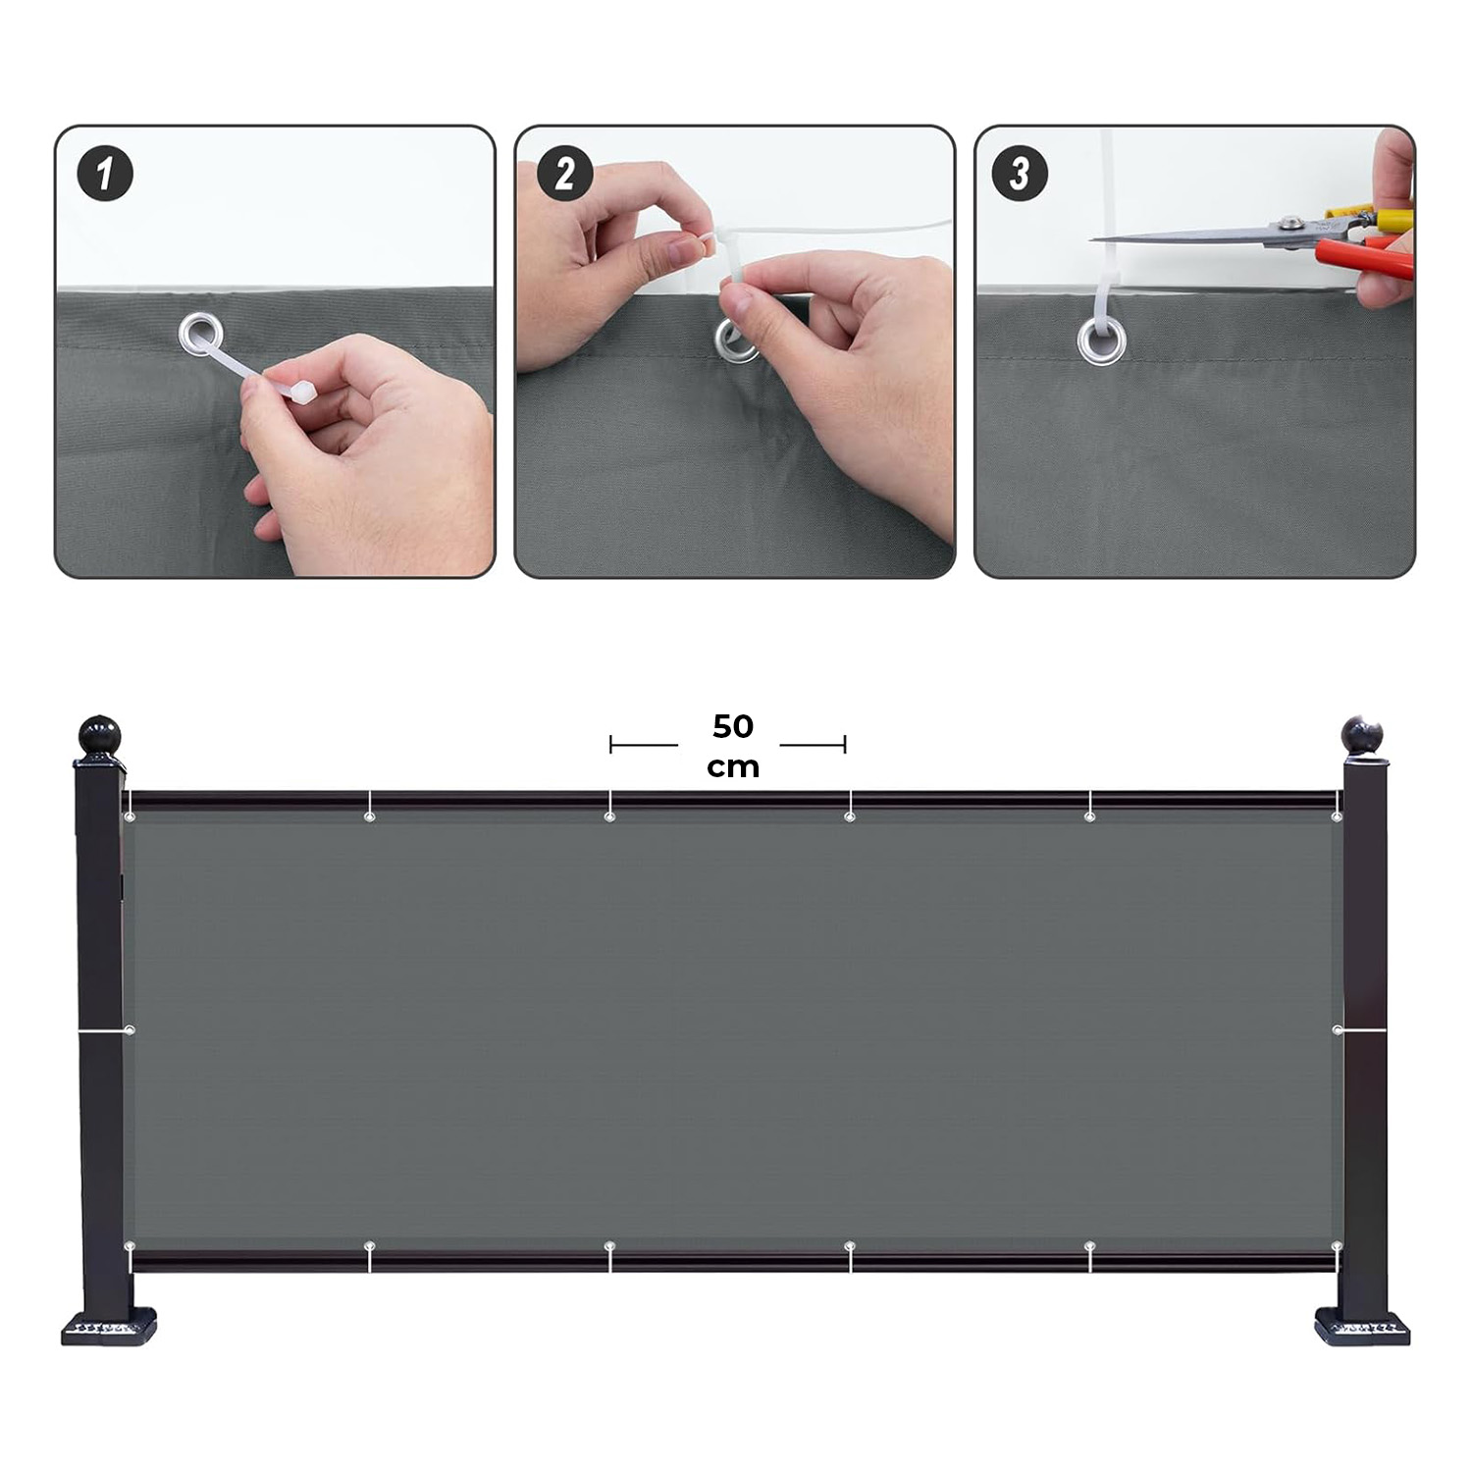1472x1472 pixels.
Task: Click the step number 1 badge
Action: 105,174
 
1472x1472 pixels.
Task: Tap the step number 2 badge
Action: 565,174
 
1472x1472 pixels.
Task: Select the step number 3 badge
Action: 1021,174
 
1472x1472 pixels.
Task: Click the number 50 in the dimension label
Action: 733,726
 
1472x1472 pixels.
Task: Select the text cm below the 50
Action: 733,766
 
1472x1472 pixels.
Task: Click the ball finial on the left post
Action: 98,736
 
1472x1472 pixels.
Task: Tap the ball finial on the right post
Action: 1362,734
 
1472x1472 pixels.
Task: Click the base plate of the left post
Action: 109,1330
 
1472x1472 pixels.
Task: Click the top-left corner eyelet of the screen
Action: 130,816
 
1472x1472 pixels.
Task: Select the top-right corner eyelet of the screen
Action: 1337,816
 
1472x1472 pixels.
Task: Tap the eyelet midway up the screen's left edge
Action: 130,1030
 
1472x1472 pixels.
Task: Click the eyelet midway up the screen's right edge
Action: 1338,1030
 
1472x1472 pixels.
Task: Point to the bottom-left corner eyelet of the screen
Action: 130,1246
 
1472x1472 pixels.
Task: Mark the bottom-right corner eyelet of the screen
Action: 1337,1246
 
